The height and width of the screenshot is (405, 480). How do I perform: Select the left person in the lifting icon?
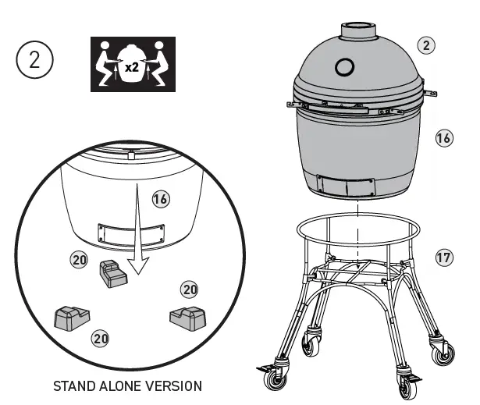[x=108, y=63]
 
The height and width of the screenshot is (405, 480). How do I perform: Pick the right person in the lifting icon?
[x=161, y=63]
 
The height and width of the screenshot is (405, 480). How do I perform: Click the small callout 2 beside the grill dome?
[x=425, y=44]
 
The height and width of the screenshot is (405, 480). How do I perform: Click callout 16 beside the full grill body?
[x=443, y=139]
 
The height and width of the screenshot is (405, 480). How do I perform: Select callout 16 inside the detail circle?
[x=160, y=199]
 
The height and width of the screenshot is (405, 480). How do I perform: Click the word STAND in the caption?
[x=74, y=385]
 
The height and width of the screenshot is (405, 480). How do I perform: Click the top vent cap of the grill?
[x=357, y=29]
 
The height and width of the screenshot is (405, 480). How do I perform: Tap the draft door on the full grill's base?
[x=347, y=185]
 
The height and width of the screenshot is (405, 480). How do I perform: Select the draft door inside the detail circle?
[x=129, y=233]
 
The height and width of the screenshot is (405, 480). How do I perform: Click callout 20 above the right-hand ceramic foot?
[x=190, y=290]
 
